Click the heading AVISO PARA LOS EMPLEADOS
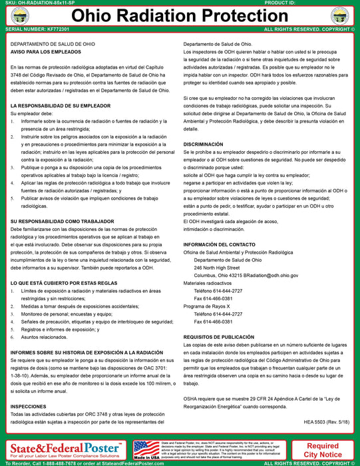[44, 52]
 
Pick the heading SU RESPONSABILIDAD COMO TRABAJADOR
[61, 219]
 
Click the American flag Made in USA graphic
[146, 449]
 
